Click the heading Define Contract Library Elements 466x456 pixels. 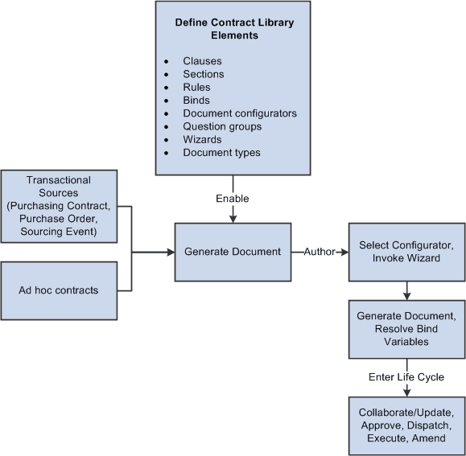233,29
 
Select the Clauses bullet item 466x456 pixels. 202,61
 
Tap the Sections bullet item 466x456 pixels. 204,74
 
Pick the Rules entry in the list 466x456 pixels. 197,88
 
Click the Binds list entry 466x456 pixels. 197,101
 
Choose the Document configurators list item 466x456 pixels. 239,113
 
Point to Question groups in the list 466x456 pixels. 222,126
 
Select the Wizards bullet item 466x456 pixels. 202,139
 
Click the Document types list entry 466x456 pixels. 221,152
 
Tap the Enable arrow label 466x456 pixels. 233,198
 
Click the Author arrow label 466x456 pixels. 319,252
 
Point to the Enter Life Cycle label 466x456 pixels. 406,377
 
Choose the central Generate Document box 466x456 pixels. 233,252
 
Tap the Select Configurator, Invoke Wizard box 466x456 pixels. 406,252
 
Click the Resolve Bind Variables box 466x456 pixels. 406,329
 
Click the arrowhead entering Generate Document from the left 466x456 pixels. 170,252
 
